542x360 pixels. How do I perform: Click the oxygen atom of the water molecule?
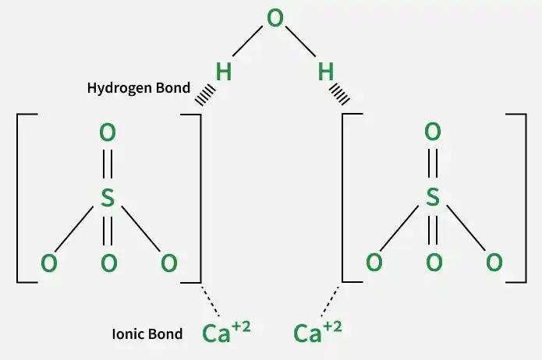(x=275, y=18)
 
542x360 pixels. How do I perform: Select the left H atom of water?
(x=223, y=72)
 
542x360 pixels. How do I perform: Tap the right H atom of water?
(x=326, y=72)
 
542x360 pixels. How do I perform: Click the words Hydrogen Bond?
(x=139, y=88)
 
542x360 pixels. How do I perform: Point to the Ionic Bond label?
(x=147, y=334)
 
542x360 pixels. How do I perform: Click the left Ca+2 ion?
(x=226, y=333)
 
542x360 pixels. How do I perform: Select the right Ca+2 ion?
(x=317, y=333)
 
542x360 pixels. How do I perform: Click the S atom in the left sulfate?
(x=108, y=198)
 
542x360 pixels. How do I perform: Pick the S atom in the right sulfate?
(x=433, y=197)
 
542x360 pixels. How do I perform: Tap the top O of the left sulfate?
(x=108, y=132)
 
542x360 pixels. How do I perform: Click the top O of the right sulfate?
(x=433, y=132)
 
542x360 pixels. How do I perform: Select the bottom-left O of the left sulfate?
(x=48, y=263)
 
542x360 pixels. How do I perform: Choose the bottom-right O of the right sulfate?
(x=494, y=262)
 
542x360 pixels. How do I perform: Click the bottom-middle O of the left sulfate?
(x=109, y=263)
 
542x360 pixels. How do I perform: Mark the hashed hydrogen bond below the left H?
(x=205, y=94)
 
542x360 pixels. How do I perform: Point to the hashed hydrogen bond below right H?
(x=340, y=94)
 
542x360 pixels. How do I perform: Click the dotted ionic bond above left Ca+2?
(x=211, y=300)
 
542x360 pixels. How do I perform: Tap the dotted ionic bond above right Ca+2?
(x=330, y=300)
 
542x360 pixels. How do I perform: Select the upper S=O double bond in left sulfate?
(x=108, y=164)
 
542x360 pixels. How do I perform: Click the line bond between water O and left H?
(x=247, y=41)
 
